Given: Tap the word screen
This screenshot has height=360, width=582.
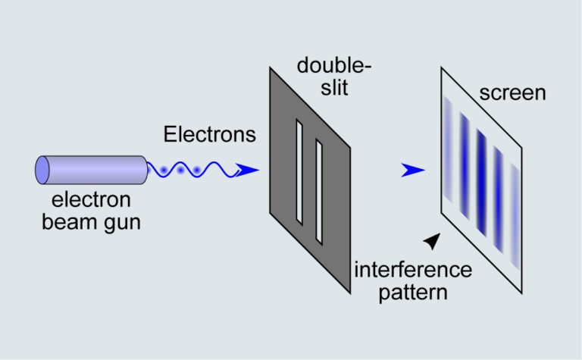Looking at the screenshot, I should click(x=512, y=93).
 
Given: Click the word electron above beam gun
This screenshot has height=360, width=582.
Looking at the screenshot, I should click(x=92, y=201).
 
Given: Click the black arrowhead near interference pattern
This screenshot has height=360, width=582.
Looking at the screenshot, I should click(x=432, y=240).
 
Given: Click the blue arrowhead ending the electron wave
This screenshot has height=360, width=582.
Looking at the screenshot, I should click(x=247, y=171).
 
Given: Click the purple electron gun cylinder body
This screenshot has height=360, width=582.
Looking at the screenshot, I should click(x=95, y=169).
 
